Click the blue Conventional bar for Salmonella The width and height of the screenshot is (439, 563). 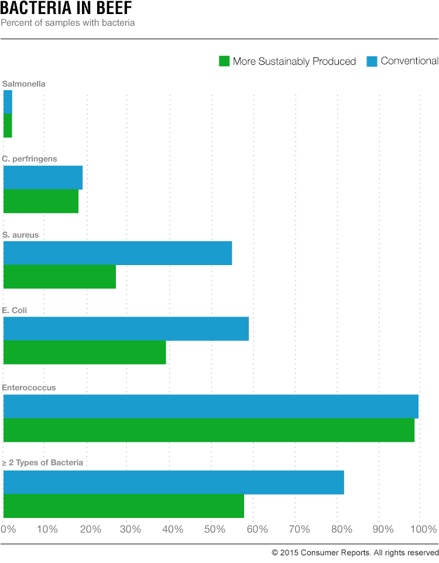(x=8, y=102)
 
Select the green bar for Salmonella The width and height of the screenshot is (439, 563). (x=8, y=125)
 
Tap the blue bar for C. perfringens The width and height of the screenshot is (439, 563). (x=43, y=177)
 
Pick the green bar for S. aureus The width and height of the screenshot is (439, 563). (x=60, y=276)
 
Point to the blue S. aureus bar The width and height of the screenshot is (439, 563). (x=118, y=253)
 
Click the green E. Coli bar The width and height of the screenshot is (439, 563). (x=84, y=352)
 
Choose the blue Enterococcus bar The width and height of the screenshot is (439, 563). (x=211, y=406)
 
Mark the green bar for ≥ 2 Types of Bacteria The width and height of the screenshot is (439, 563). (x=124, y=506)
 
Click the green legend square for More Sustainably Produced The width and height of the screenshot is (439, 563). (x=224, y=61)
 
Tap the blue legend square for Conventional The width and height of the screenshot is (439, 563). (x=372, y=61)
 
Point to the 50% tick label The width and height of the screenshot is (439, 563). (x=215, y=529)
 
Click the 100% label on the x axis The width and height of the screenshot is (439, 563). (x=424, y=529)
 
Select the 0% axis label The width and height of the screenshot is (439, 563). (x=8, y=529)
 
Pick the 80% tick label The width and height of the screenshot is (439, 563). (x=341, y=529)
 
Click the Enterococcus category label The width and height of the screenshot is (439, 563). (x=29, y=387)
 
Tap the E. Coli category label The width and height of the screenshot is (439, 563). (x=15, y=310)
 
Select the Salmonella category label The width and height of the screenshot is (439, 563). (x=24, y=84)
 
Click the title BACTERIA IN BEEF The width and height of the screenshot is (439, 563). (x=66, y=9)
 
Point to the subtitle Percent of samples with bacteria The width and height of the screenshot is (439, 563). (x=68, y=23)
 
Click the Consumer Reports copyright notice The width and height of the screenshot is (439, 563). (x=355, y=552)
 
